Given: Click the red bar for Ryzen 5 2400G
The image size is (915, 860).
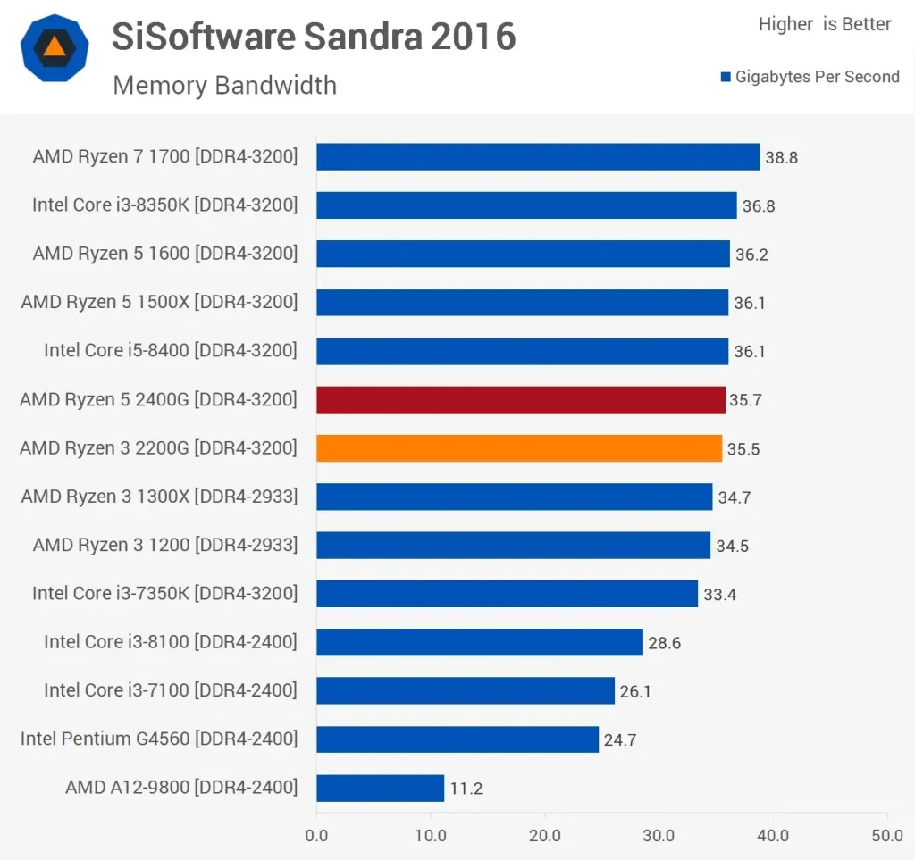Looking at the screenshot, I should (x=521, y=400).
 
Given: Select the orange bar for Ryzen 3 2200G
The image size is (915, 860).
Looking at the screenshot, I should (x=519, y=448).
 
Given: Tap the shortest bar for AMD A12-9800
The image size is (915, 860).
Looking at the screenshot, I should (x=380, y=788).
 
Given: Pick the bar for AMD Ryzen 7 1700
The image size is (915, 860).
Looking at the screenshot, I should (x=538, y=157).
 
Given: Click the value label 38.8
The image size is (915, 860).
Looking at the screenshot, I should (x=781, y=158).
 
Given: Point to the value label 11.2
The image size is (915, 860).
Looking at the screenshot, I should (x=466, y=789).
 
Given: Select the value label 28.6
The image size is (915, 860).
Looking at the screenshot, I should (x=664, y=643).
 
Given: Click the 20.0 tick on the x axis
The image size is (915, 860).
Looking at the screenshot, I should (x=544, y=836).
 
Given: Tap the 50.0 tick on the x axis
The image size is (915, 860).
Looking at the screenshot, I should (x=886, y=836).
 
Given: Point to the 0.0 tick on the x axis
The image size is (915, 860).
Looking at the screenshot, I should (x=316, y=836).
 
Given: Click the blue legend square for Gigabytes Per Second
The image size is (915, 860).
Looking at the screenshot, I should (x=726, y=78).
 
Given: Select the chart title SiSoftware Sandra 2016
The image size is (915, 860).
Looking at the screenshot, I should (x=314, y=37).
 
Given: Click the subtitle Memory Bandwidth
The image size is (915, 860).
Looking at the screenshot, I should (x=224, y=86).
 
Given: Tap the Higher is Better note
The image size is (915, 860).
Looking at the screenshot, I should (x=824, y=25).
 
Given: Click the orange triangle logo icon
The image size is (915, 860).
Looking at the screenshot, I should (x=55, y=47).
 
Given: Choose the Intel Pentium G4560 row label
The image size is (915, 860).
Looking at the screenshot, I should (x=158, y=739).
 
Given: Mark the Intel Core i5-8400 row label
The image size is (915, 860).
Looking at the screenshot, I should (x=170, y=350).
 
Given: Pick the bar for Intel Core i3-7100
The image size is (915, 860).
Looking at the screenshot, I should (x=465, y=690).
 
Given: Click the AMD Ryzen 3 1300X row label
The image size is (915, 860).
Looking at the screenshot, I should (x=158, y=496).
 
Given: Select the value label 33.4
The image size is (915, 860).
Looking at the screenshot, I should (x=719, y=595).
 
